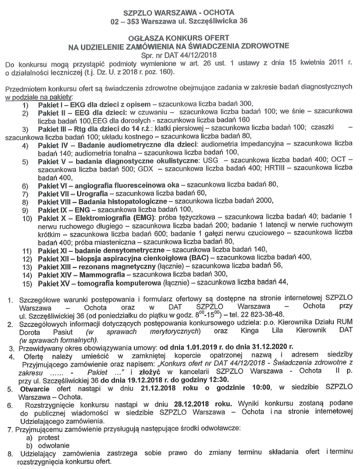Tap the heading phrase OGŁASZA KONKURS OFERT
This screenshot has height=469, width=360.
coord(179,37)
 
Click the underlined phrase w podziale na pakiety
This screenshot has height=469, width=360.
coord(39,96)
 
